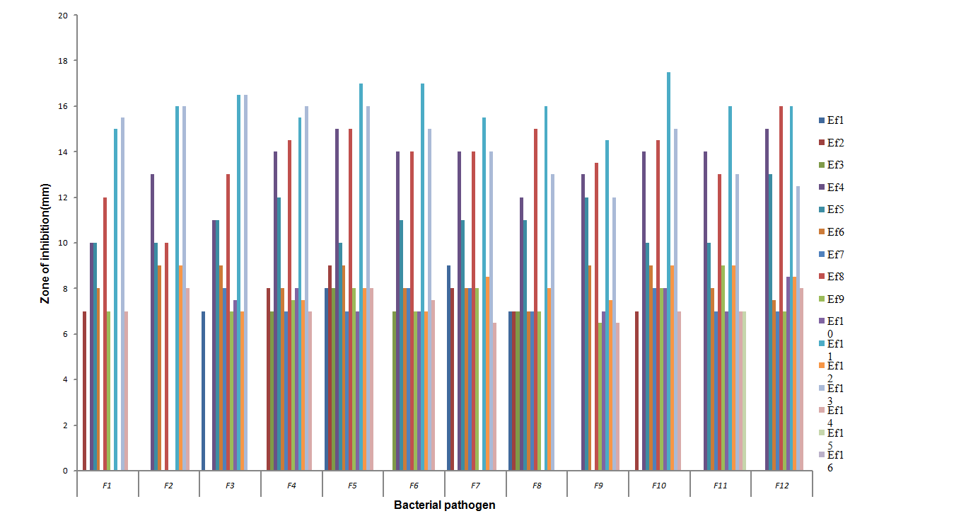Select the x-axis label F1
[x=107, y=486]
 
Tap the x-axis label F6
[x=414, y=486]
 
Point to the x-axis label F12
[x=781, y=486]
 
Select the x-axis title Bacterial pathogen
[x=444, y=505]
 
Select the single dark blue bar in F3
[x=204, y=391]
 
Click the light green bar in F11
[x=744, y=391]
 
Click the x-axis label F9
[x=598, y=486]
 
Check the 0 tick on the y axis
[x=66, y=471]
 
